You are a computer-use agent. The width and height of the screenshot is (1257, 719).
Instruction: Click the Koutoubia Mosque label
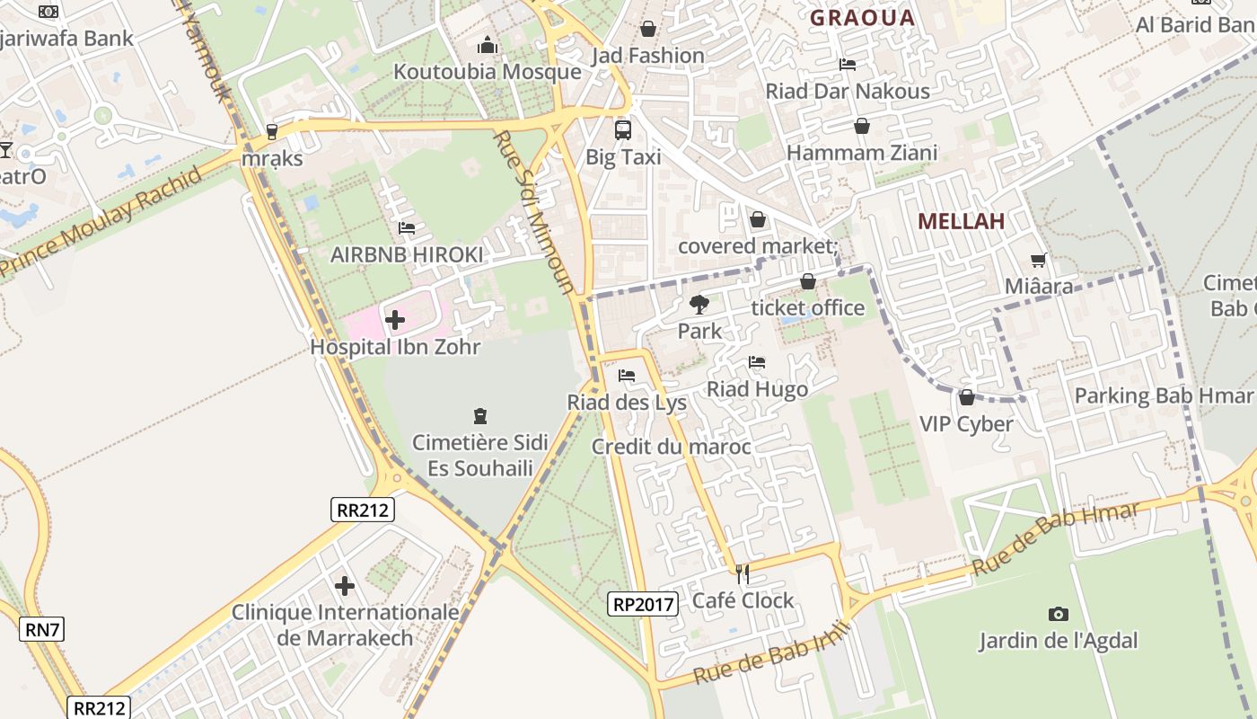(x=488, y=72)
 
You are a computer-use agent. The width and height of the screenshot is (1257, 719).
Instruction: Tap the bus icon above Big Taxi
(x=623, y=130)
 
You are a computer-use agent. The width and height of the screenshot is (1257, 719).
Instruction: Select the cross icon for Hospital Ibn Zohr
(x=395, y=319)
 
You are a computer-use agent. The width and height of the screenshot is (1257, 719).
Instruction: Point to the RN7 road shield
(x=42, y=629)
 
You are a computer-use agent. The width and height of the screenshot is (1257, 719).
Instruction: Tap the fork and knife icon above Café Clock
(x=743, y=573)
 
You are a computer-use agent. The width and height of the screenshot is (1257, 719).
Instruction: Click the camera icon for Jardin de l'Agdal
(x=1059, y=614)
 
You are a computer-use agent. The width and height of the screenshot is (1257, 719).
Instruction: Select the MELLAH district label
(x=961, y=221)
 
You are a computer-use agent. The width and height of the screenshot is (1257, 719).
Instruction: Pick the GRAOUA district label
(x=862, y=18)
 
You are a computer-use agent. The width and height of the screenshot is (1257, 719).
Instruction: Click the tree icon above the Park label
(x=699, y=305)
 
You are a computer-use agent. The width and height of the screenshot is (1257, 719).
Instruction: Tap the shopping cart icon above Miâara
(x=1039, y=261)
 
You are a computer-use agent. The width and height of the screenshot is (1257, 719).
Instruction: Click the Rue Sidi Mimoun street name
(x=535, y=212)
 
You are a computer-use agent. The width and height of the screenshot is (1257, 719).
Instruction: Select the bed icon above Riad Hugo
(x=757, y=362)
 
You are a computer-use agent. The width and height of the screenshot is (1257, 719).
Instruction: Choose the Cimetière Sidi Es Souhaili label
(x=479, y=456)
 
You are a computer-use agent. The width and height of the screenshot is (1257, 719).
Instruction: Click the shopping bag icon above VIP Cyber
(x=967, y=396)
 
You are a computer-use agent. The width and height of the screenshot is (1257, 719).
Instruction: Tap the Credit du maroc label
(x=672, y=447)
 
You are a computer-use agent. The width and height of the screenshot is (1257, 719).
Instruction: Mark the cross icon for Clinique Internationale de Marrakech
(x=345, y=587)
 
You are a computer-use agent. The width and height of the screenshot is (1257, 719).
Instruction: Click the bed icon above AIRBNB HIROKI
(x=407, y=228)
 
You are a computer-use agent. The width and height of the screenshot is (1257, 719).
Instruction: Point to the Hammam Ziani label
(x=862, y=153)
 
